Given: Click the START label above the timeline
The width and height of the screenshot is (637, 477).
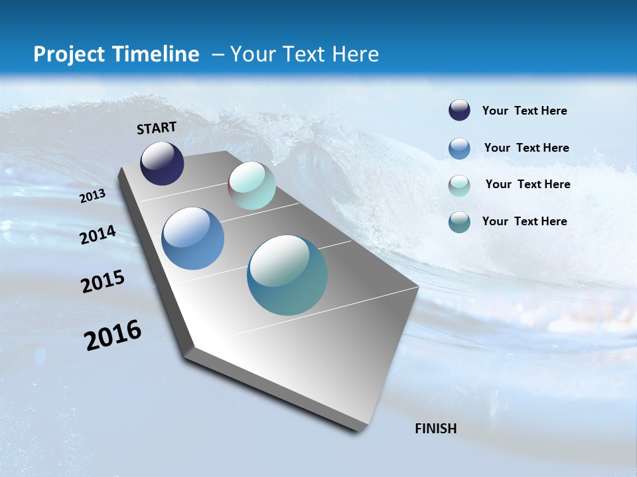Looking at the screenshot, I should [x=157, y=128].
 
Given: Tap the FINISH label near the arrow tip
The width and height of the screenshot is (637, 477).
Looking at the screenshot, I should [x=435, y=429].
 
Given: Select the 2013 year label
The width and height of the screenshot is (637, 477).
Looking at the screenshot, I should [x=93, y=195].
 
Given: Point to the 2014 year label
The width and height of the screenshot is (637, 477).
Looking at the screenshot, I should [x=98, y=235].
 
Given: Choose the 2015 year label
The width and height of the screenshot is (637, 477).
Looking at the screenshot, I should [x=103, y=282].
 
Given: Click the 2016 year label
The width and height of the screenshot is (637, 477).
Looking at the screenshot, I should [x=113, y=335].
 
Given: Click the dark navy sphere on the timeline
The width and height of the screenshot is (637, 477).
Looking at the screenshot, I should [x=162, y=164].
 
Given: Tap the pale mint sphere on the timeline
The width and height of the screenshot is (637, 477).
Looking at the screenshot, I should [x=251, y=185].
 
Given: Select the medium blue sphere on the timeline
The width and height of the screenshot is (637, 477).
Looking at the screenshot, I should [x=193, y=238].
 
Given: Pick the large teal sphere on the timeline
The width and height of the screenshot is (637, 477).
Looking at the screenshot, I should [x=287, y=275].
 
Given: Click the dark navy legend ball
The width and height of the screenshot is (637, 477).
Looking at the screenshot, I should [x=459, y=111].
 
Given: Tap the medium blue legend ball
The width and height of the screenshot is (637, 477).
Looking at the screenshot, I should [x=459, y=148].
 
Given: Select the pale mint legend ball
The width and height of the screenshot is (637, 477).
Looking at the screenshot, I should [x=459, y=185].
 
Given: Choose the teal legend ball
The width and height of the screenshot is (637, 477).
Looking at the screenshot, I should [x=459, y=222].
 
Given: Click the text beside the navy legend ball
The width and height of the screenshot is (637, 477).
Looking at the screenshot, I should [x=524, y=111].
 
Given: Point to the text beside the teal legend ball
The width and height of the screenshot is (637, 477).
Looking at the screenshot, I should [x=524, y=221].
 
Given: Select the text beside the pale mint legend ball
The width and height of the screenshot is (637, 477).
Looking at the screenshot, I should [x=528, y=184].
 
